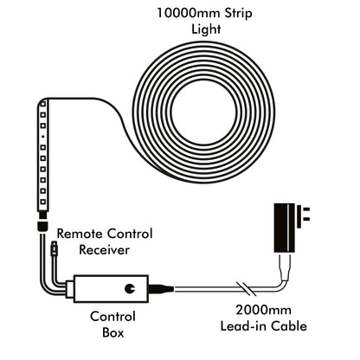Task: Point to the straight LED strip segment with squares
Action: coord(42,160)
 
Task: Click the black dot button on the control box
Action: coord(130,287)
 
